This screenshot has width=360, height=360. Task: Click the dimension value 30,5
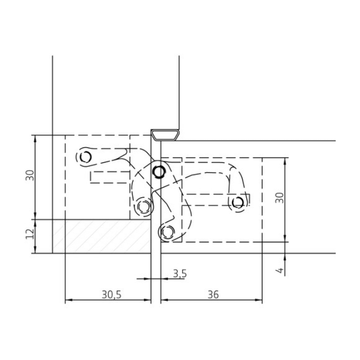tap(111, 295)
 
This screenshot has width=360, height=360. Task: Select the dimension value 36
tap(213, 295)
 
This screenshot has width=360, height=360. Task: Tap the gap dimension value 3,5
tap(180, 274)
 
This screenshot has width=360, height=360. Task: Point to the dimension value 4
tap(280, 270)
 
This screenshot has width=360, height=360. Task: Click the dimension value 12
tap(30, 234)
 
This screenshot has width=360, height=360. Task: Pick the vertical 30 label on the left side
tap(30, 176)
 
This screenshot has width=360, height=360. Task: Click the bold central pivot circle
tap(158, 171)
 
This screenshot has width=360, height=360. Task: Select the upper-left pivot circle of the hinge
tap(86, 157)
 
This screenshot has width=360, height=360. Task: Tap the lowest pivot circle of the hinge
tap(167, 232)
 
